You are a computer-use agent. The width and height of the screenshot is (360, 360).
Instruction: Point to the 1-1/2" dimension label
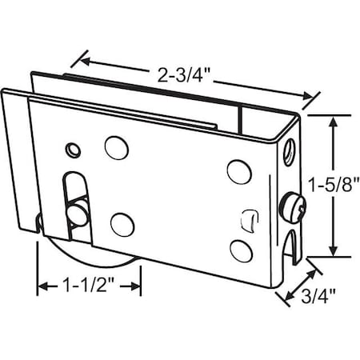click(x=86, y=283)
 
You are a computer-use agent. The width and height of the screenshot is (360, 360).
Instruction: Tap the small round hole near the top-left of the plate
click(x=74, y=150)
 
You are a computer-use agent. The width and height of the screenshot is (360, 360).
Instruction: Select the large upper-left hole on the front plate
click(x=115, y=147)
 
